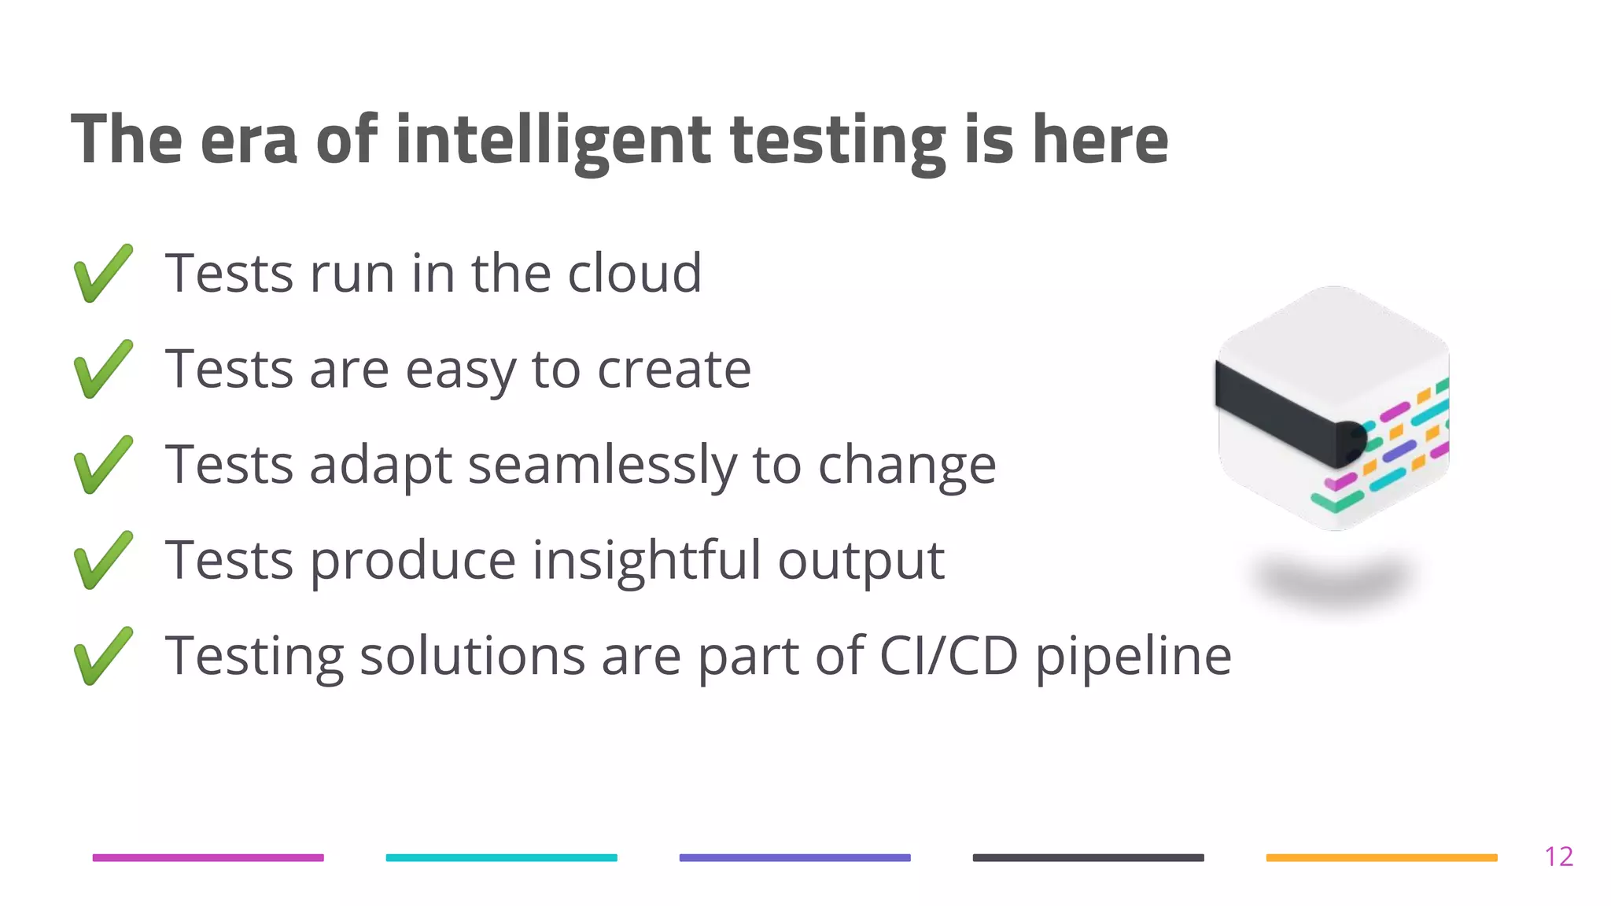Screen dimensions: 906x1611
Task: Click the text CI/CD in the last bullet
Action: [948, 655]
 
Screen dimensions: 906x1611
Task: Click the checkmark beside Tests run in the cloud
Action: [103, 273]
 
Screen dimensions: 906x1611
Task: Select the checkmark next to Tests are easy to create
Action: [103, 369]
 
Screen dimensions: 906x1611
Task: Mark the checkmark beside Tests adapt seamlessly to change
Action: [103, 465]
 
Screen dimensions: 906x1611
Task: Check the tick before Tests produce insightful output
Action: [103, 560]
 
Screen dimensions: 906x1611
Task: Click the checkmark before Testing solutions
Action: [103, 656]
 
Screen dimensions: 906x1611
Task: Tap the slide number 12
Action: [1558, 856]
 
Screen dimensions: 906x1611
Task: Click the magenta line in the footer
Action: [208, 857]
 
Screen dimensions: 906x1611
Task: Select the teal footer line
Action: [501, 857]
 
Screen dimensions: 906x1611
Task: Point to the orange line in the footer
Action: [1381, 857]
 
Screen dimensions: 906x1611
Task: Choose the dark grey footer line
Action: [1088, 857]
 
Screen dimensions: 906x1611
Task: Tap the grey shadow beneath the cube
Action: [1333, 580]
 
